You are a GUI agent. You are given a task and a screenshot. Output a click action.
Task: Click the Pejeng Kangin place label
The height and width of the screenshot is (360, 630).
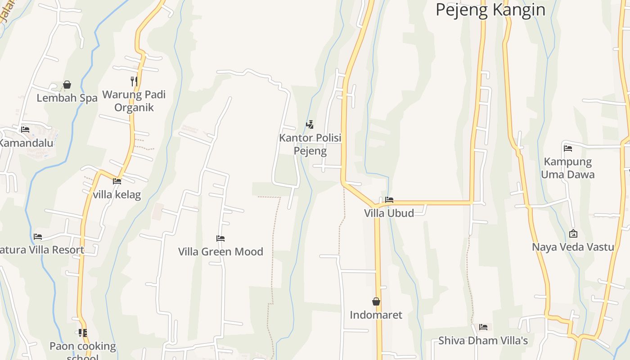[x=490, y=9]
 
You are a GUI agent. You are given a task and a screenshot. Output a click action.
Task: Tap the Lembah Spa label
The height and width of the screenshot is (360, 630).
[x=67, y=98]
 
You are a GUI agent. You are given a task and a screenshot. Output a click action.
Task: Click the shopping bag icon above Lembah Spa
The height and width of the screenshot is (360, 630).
[x=67, y=85]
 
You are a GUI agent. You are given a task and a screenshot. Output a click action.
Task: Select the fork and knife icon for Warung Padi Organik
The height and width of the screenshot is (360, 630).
[x=134, y=81]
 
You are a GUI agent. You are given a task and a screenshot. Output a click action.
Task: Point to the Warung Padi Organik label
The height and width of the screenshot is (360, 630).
[x=134, y=101]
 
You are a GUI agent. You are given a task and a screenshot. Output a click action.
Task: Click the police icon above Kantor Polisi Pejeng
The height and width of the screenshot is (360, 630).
[x=310, y=124]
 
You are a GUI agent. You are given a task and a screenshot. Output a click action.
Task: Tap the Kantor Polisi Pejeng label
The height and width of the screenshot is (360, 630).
[x=310, y=144]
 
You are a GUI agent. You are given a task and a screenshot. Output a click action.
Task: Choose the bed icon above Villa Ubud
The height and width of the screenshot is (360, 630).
[x=389, y=200]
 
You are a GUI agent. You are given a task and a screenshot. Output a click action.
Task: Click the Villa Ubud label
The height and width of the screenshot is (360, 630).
[x=389, y=213]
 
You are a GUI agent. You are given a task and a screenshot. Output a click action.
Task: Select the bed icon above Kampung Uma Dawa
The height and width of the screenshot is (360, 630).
[x=568, y=148]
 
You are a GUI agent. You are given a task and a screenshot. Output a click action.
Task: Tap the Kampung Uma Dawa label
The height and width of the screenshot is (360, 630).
[x=568, y=168]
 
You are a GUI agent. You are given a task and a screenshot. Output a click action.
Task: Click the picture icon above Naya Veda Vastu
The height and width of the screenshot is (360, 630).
[x=573, y=234]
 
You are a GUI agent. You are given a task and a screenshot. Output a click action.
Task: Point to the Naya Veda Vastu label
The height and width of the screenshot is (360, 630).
[x=573, y=247]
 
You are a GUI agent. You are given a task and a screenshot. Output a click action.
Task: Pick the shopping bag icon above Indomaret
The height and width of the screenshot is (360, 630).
[x=376, y=301]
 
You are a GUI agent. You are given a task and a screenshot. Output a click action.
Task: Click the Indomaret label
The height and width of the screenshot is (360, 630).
[x=376, y=315]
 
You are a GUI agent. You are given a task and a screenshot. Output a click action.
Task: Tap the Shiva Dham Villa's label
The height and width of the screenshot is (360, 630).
[x=483, y=340]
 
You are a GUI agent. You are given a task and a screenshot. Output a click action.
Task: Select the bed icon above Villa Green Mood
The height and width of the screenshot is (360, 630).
[x=220, y=238]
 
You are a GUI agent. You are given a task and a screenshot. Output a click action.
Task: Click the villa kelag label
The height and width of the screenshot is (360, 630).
[x=117, y=194]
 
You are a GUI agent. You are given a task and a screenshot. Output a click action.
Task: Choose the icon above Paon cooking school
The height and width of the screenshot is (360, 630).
[x=83, y=333]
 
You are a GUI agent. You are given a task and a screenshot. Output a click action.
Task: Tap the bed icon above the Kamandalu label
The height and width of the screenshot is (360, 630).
[x=25, y=130]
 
